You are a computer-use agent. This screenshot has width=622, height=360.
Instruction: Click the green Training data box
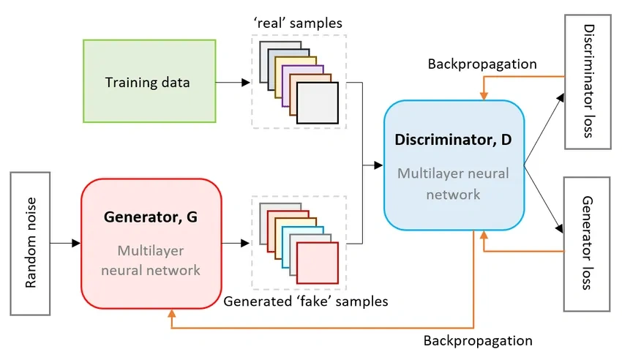point(149,81)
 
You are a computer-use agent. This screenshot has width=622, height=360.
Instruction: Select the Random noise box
point(30,244)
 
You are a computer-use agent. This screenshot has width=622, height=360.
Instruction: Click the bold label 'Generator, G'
point(151,217)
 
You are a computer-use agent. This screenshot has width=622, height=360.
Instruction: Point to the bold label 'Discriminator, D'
point(454,139)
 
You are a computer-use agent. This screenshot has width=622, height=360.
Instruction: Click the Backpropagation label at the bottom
point(478,341)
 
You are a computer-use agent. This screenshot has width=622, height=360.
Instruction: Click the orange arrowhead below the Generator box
point(173,314)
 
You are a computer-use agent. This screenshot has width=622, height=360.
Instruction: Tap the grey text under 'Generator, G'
point(151,260)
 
